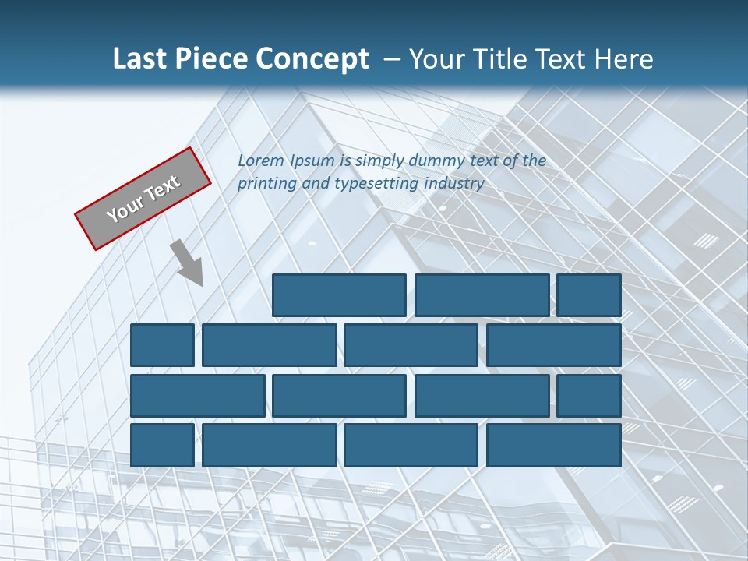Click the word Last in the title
tap(141, 59)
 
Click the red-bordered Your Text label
tap(143, 198)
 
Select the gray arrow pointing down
tap(189, 263)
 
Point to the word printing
tap(266, 184)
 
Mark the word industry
tap(454, 184)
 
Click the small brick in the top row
tap(589, 295)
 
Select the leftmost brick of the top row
tap(339, 295)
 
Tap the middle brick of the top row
tap(482, 295)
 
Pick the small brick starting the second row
tap(162, 345)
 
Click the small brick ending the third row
tap(589, 395)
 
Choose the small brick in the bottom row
tap(162, 445)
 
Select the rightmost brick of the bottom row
tap(554, 445)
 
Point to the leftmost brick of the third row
tap(197, 395)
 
